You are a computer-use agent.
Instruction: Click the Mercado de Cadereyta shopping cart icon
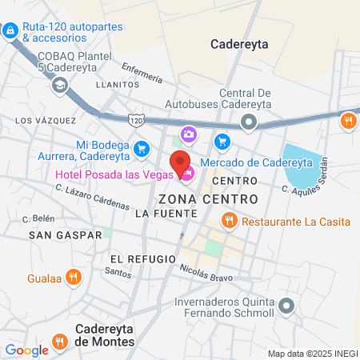pyautogui.click(x=222, y=142)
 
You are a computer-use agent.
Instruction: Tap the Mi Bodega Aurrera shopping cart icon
pyautogui.click(x=142, y=148)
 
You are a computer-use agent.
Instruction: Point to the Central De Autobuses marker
pyautogui.click(x=249, y=122)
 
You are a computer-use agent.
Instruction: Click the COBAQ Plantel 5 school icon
pyautogui.click(x=58, y=85)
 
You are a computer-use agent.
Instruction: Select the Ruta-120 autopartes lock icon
pyautogui.click(x=10, y=31)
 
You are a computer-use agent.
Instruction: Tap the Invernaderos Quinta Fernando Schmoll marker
pyautogui.click(x=286, y=305)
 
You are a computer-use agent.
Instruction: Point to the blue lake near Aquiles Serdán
pyautogui.click(x=302, y=168)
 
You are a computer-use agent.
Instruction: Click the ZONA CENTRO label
pyautogui.click(x=208, y=198)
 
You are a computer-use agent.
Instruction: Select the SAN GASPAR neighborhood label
pyautogui.click(x=65, y=234)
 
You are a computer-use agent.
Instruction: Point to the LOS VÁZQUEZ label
pyautogui.click(x=46, y=121)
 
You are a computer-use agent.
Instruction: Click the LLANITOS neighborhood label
pyautogui.click(x=112, y=82)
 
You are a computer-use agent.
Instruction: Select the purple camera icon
pyautogui.click(x=189, y=133)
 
